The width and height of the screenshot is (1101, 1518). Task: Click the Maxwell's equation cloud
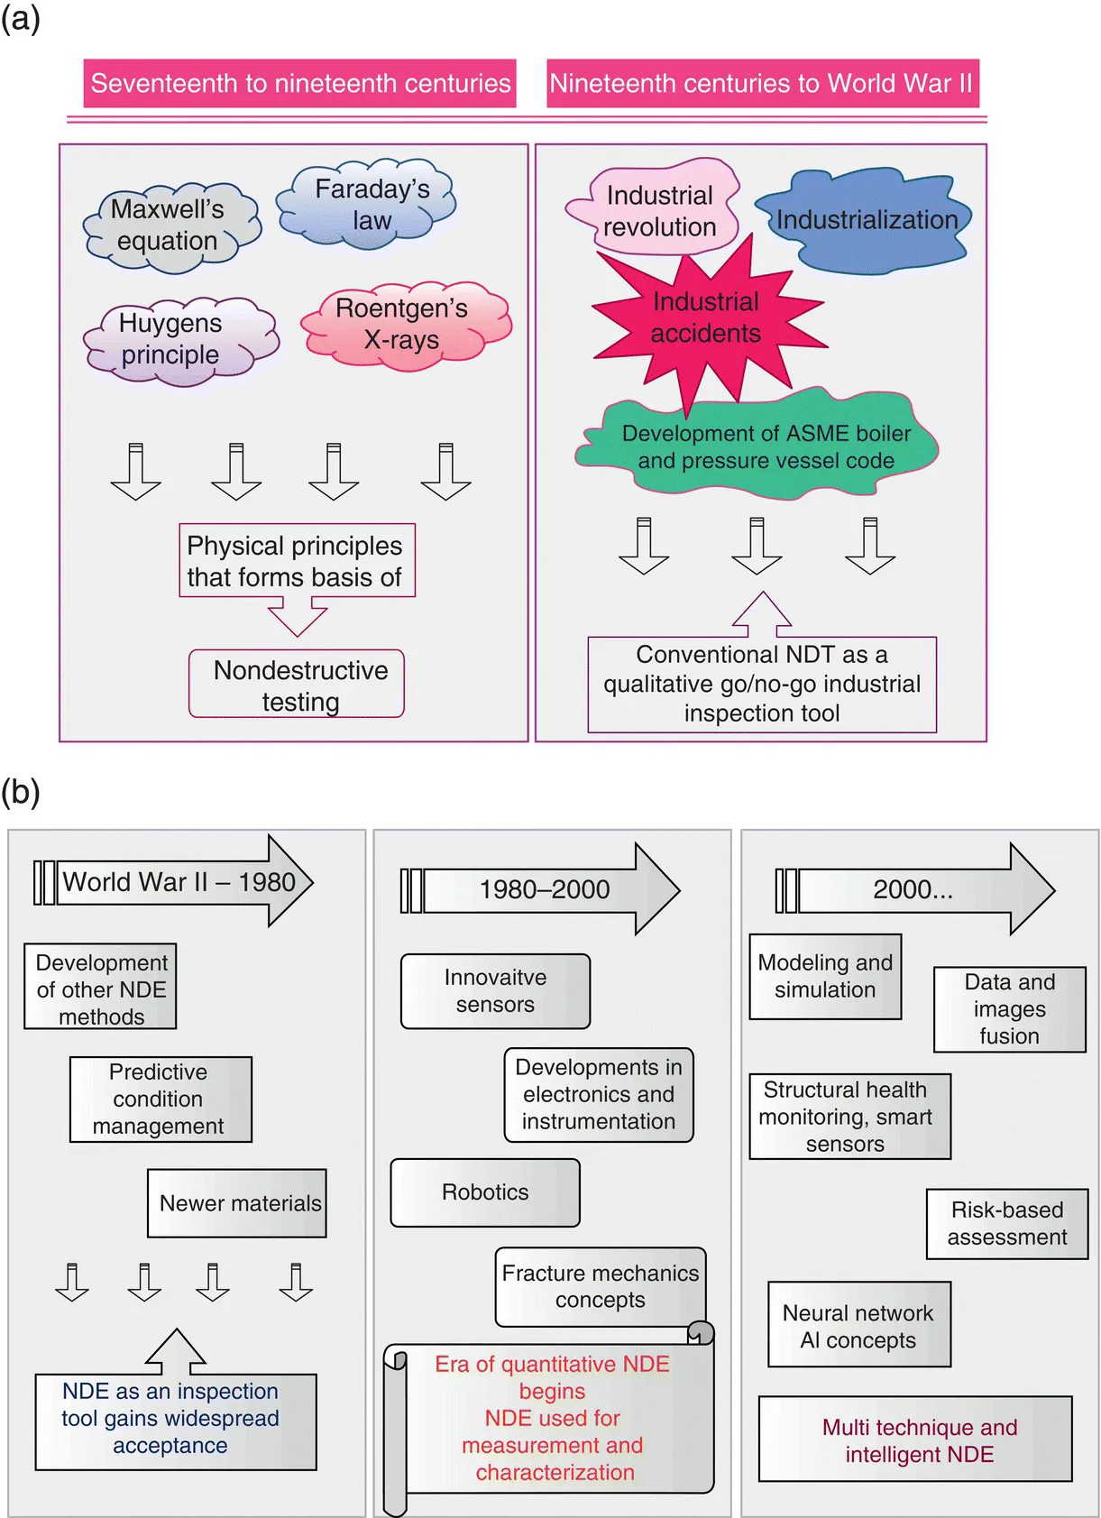169,225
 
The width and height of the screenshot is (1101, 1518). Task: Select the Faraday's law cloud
370,205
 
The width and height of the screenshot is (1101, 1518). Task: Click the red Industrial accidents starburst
705,317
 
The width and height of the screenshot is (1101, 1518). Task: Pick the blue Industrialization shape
866,220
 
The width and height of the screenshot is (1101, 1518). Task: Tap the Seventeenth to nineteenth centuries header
300,84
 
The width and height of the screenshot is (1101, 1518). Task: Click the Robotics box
485,1192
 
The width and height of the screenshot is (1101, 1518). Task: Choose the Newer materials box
238,1203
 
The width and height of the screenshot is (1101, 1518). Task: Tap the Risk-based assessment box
1007,1224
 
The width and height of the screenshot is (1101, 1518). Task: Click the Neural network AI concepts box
858,1326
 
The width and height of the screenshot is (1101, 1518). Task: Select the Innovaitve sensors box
495,991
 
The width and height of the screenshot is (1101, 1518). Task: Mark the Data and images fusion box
1009,1009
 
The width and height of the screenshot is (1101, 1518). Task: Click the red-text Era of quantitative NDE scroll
553,1417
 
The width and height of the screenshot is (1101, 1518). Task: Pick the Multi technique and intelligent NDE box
917,1440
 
